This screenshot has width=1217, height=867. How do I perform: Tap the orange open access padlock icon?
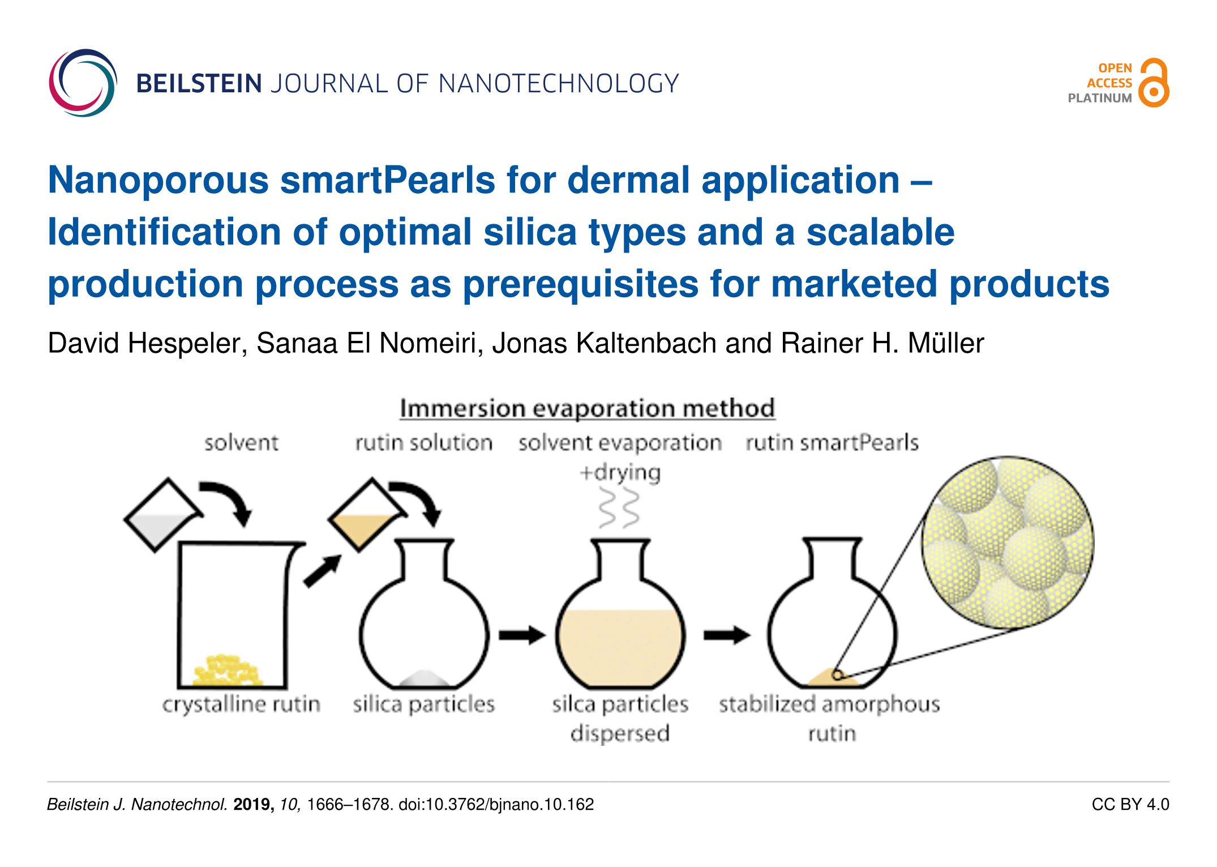click(x=1153, y=83)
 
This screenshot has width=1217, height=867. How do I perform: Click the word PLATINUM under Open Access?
click(x=1100, y=98)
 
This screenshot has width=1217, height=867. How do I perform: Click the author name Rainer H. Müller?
click(x=882, y=343)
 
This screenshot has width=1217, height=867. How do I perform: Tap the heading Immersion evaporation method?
click(x=587, y=408)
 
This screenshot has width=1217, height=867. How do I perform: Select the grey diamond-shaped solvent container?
click(x=162, y=515)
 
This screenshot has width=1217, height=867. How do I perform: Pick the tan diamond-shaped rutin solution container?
click(x=367, y=515)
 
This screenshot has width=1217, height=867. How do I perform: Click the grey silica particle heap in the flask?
click(x=424, y=678)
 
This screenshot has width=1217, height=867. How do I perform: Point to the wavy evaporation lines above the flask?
click(x=619, y=508)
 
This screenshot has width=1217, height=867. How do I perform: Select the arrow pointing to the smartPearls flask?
click(x=727, y=635)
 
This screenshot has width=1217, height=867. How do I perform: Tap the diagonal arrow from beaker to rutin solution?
click(x=323, y=571)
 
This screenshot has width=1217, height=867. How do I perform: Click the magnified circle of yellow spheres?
click(x=1008, y=543)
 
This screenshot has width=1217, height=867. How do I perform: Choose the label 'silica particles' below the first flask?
click(x=424, y=704)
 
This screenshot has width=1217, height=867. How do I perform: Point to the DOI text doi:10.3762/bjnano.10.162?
click(x=496, y=805)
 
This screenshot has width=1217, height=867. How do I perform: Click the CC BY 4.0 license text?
click(x=1130, y=805)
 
